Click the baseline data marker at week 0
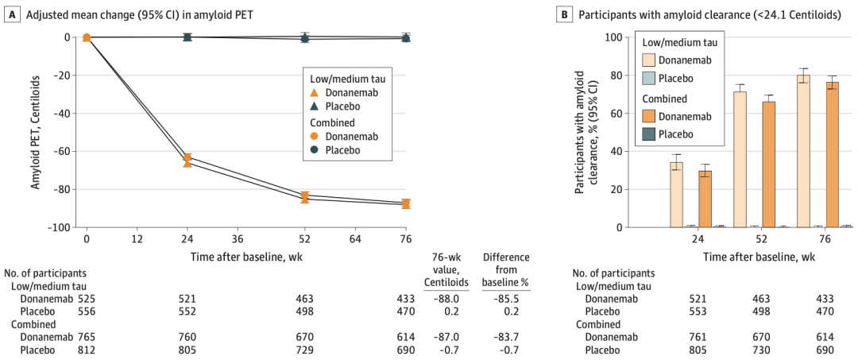tap(87, 37)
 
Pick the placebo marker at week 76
tap(406, 37)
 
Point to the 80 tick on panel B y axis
tap(612, 75)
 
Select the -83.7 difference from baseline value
tap(506, 337)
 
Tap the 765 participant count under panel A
tap(86, 337)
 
